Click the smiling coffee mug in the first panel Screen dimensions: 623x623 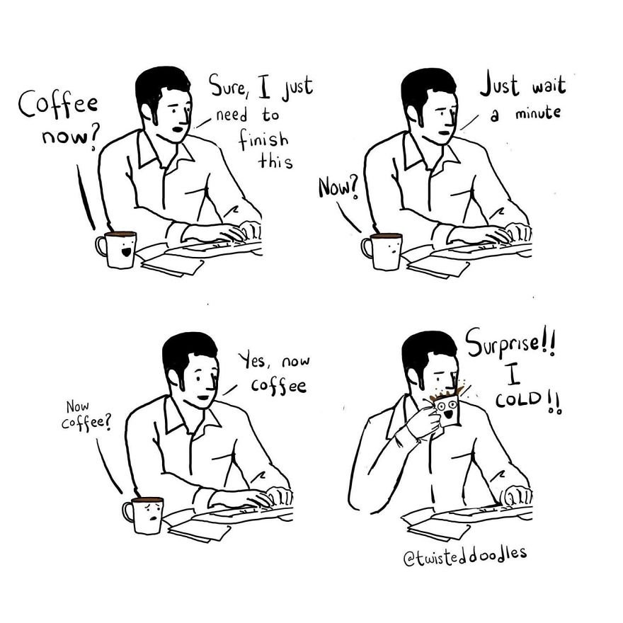pos(120,249)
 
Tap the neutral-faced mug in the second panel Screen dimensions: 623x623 pos(386,251)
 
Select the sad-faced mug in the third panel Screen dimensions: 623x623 pos(147,515)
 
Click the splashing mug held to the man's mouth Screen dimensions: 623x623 pos(447,409)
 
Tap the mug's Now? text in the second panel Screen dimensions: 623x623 pos(338,187)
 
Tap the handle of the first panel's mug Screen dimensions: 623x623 pos(101,246)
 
